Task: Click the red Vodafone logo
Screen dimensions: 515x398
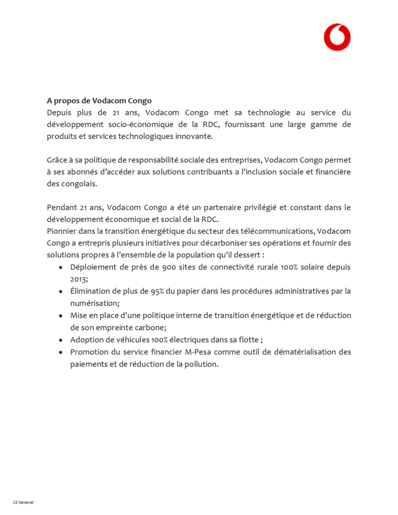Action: click(x=337, y=37)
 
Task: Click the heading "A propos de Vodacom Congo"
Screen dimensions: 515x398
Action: click(x=99, y=101)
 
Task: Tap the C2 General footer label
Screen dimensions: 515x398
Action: click(x=23, y=502)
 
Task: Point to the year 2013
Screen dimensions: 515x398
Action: click(x=79, y=279)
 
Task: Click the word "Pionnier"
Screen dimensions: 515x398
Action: click(x=62, y=231)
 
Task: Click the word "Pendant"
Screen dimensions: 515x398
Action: click(x=62, y=207)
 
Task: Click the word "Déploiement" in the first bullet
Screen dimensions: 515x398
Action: click(x=94, y=267)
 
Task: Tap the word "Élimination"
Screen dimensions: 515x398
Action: click(x=92, y=291)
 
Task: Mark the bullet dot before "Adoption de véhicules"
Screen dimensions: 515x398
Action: click(x=60, y=339)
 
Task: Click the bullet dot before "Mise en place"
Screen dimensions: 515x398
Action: click(x=60, y=315)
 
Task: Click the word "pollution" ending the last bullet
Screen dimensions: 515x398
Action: click(x=200, y=364)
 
